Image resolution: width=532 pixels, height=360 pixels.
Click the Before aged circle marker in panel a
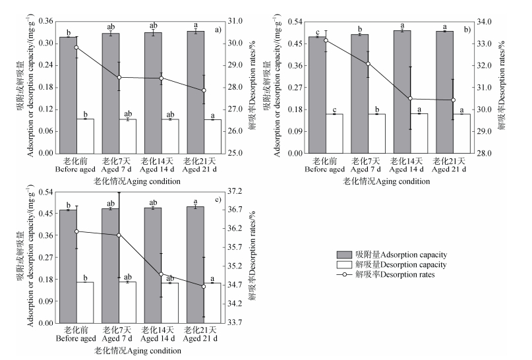76,47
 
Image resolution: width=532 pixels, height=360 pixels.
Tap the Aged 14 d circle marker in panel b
410,99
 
